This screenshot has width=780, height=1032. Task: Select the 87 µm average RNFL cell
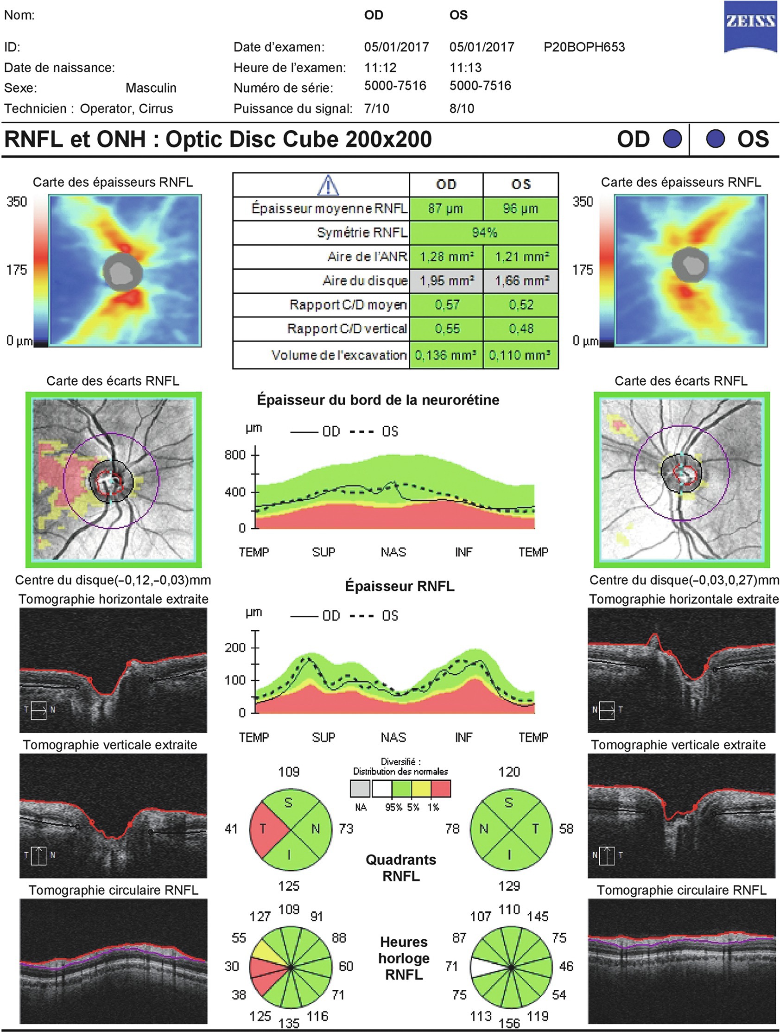[x=445, y=209]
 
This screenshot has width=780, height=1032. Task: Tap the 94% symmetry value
[x=484, y=232]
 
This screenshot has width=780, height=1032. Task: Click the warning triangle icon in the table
[x=328, y=185]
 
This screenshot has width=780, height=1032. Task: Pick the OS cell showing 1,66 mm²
[x=521, y=281]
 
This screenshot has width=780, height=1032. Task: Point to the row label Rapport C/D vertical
[x=347, y=329]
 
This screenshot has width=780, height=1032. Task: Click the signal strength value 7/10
[x=376, y=109]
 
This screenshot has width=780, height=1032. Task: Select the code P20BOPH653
[x=584, y=47]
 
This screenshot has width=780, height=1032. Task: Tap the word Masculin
[x=151, y=88]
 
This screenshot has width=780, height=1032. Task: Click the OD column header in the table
[x=446, y=185]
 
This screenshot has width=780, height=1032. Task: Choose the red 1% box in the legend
[x=441, y=789]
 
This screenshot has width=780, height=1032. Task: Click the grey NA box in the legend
[x=360, y=789]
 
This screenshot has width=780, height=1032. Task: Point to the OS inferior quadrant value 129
[x=509, y=886]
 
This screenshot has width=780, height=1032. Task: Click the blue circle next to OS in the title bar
[x=715, y=139]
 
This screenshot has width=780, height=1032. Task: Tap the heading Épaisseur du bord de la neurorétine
[x=378, y=400]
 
